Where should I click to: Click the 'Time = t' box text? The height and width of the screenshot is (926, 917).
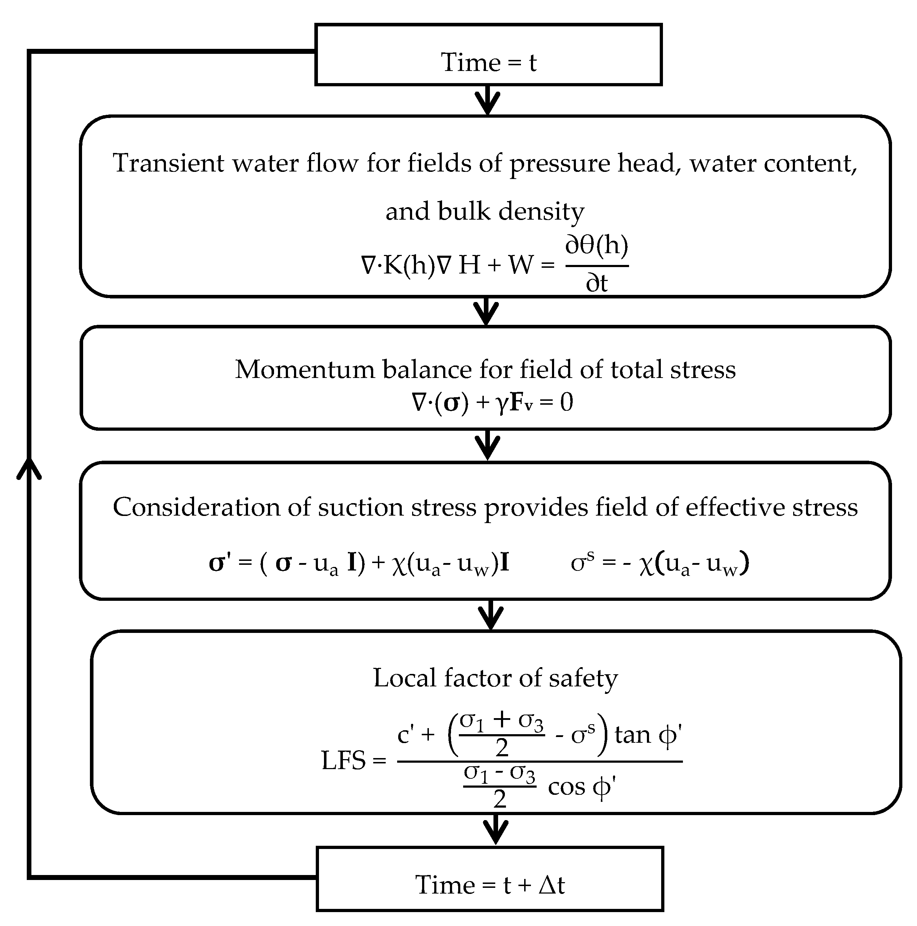click(488, 63)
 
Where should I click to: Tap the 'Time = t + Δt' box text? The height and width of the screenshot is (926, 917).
click(490, 885)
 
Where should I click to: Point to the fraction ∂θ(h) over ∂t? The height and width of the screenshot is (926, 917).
click(597, 265)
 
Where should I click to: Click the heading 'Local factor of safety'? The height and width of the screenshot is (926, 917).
click(495, 678)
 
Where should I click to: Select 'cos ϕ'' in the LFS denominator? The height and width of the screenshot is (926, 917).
click(581, 788)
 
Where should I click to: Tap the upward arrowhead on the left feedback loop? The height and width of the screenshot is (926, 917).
click(29, 467)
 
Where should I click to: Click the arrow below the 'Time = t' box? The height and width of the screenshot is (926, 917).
click(487, 101)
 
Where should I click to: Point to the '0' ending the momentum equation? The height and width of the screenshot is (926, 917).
click(566, 402)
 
